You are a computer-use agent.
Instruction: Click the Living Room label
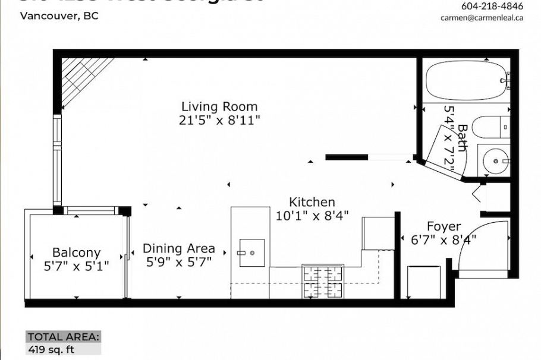[x=219, y=107]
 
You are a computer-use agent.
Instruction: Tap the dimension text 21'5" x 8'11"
[x=219, y=121]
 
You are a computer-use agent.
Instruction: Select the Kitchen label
[x=312, y=203]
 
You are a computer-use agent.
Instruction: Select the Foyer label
[x=444, y=227]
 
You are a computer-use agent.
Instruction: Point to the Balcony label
[x=76, y=253]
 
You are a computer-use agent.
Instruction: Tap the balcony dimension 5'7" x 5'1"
[x=76, y=266]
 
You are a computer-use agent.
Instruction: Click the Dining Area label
[x=178, y=249]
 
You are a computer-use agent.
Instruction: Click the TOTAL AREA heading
[x=63, y=336]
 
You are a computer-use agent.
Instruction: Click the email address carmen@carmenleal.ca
[x=482, y=18]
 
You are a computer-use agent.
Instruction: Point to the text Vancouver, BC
[x=59, y=16]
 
